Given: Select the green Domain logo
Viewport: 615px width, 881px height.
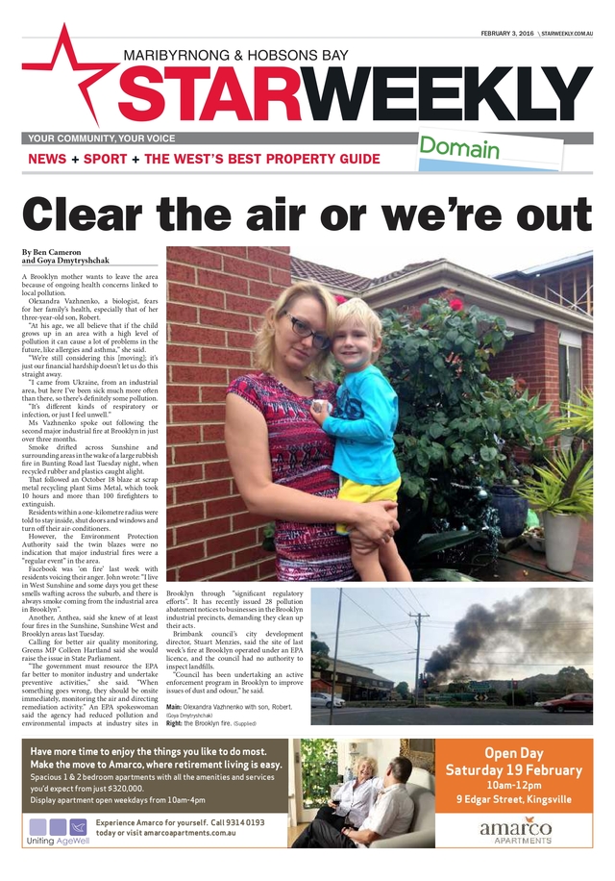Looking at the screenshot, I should click(458, 149).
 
